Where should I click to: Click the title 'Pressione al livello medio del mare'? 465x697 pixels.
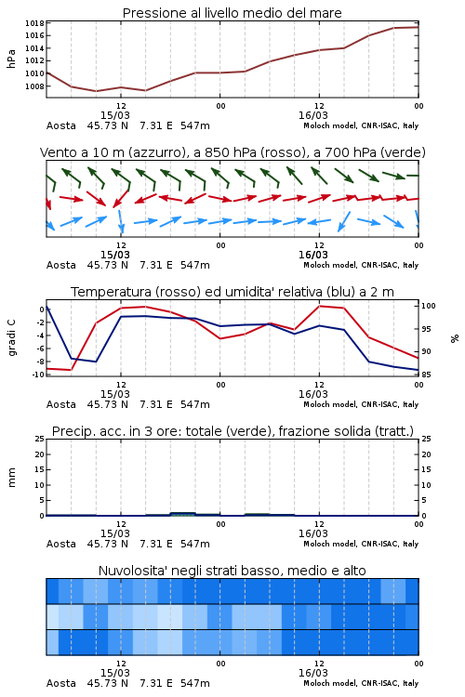click(232, 13)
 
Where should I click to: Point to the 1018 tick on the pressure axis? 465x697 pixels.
click(34, 23)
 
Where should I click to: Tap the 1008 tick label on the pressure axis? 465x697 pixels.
click(34, 86)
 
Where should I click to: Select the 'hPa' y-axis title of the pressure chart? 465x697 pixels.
click(11, 59)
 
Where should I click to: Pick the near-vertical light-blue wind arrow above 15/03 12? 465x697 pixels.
click(121, 221)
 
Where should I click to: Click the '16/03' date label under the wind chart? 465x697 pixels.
click(312, 255)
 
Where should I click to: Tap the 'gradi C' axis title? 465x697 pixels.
click(11, 337)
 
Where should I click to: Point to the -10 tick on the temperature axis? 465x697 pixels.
click(38, 375)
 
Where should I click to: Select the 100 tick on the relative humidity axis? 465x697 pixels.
click(428, 306)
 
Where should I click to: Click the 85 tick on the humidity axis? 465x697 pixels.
click(426, 375)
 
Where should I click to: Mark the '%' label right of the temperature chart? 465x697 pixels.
click(455, 338)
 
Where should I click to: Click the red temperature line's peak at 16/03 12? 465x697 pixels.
click(320, 306)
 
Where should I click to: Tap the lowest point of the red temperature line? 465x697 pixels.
click(72, 370)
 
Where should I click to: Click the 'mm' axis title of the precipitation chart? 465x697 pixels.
click(11, 478)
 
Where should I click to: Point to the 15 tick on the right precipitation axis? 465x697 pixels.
click(426, 469)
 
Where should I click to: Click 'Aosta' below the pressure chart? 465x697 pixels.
click(61, 125)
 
